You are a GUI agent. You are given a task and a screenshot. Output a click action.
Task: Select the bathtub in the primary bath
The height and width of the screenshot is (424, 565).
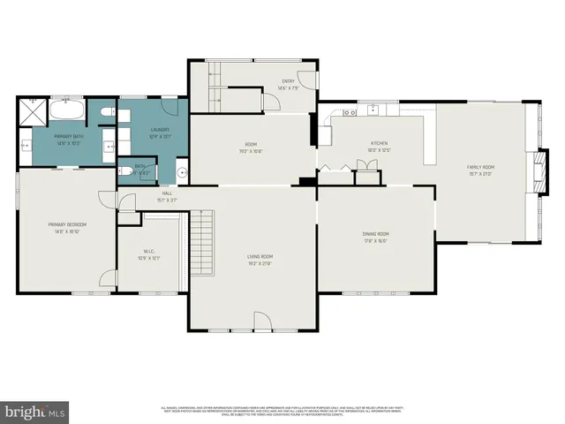coord(66,112)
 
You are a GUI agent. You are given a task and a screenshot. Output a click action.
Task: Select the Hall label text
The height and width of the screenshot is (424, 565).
coord(166,193)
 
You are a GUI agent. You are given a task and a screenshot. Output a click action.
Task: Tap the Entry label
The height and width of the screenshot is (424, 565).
coord(288,81)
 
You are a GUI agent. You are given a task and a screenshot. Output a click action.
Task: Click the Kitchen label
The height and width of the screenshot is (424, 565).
coord(379,143)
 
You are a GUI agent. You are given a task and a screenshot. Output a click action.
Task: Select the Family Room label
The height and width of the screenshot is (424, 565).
coord(480,167)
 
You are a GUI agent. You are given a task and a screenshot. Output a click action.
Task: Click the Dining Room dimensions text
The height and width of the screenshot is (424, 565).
coord(375,239)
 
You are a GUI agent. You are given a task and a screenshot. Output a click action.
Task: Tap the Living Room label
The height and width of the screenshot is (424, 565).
coord(259,257)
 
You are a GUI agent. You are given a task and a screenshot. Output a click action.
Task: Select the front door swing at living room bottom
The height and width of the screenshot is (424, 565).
coord(263,322)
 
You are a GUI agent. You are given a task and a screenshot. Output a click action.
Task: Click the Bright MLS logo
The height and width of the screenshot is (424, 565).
coord(35,411)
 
